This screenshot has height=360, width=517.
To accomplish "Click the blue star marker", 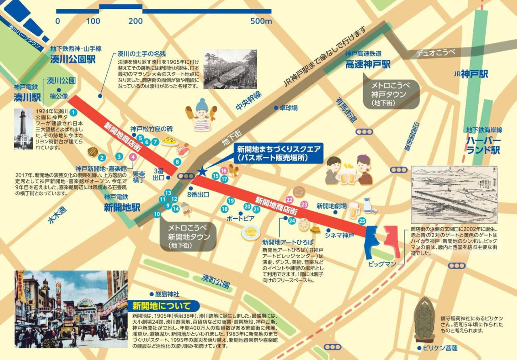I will click(202, 172).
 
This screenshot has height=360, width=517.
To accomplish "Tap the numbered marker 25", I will click(362, 220).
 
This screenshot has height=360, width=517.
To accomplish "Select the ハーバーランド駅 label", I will click(483, 145).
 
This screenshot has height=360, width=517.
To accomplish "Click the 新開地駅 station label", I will click(122, 207).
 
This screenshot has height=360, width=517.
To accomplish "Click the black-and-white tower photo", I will click(23, 129).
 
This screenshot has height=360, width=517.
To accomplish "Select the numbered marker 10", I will click(157, 214).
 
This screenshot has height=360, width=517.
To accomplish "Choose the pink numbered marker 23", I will click(304, 205).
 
